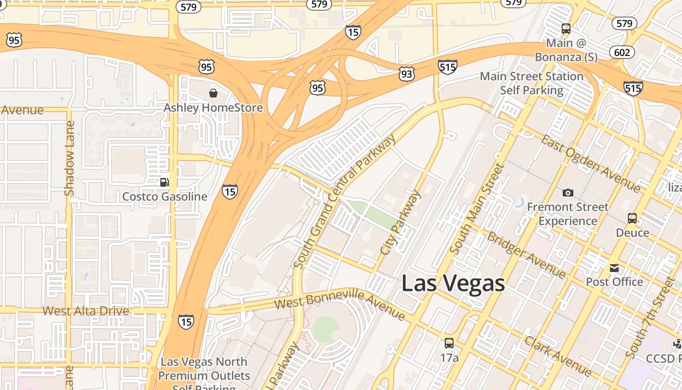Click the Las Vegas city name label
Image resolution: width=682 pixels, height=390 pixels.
pyautogui.click(x=453, y=283)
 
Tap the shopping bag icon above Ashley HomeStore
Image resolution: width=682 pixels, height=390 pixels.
pyautogui.click(x=213, y=93)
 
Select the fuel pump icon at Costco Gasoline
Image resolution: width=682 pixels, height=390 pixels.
pyautogui.click(x=165, y=182)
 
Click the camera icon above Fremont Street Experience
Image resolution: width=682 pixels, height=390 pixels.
pyautogui.click(x=568, y=193)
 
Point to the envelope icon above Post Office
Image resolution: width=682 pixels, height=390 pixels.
pyautogui.click(x=614, y=268)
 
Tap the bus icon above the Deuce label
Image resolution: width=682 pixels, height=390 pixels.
pyautogui.click(x=632, y=218)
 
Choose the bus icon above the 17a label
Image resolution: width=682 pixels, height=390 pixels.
pyautogui.click(x=449, y=343)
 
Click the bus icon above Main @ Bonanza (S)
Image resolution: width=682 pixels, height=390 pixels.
pyautogui.click(x=566, y=29)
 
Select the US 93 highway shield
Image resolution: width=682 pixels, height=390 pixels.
pyautogui.click(x=406, y=74)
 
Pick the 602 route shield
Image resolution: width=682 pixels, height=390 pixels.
pyautogui.click(x=622, y=52)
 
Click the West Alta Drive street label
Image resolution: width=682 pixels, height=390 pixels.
pyautogui.click(x=86, y=311)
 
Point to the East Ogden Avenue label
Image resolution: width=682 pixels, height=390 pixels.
pyautogui.click(x=591, y=163)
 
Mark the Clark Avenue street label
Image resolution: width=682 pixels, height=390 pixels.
pyautogui.click(x=558, y=356)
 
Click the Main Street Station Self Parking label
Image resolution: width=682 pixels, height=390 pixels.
pyautogui.click(x=531, y=83)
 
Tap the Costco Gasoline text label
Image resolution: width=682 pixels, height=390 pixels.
pyautogui.click(x=165, y=196)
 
